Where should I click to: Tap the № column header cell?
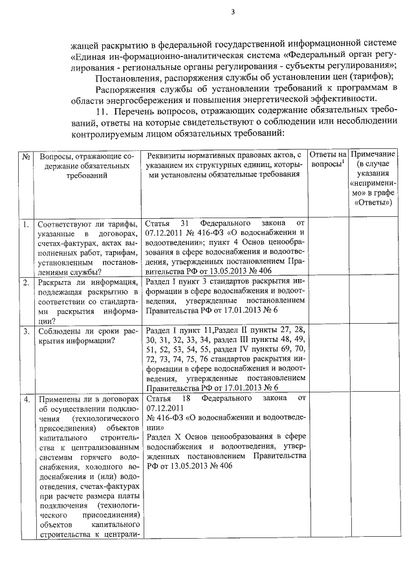27,157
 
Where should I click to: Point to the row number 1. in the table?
27,224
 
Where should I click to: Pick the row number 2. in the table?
27,282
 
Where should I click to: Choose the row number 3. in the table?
27,332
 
